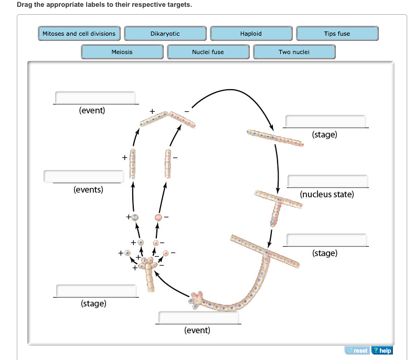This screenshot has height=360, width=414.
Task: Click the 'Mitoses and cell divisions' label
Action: (x=79, y=34)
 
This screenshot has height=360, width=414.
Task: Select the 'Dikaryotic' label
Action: (x=165, y=34)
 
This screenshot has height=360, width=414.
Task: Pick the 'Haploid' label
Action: (x=251, y=34)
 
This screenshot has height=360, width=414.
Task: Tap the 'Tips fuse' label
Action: (x=337, y=34)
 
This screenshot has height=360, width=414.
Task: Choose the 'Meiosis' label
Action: (x=122, y=52)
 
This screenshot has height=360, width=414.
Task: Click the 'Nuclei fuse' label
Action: (x=208, y=52)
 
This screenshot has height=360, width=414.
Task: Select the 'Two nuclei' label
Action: (x=294, y=52)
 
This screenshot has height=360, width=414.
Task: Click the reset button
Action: (x=357, y=350)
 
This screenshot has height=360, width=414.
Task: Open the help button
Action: (x=383, y=350)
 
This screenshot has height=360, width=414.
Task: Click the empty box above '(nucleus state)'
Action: (x=327, y=181)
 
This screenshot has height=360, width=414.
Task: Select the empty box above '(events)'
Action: (x=84, y=176)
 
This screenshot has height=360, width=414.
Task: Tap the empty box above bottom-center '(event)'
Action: (x=198, y=317)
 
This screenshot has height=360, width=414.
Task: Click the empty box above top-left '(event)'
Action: (x=95, y=98)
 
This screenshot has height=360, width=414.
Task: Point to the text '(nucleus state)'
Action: (x=327, y=194)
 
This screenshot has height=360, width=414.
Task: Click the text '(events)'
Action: (x=88, y=189)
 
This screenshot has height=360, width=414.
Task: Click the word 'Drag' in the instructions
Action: (x=25, y=5)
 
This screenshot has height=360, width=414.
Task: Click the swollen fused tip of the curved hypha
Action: (x=199, y=299)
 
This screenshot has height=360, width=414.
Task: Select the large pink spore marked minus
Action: (x=158, y=217)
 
